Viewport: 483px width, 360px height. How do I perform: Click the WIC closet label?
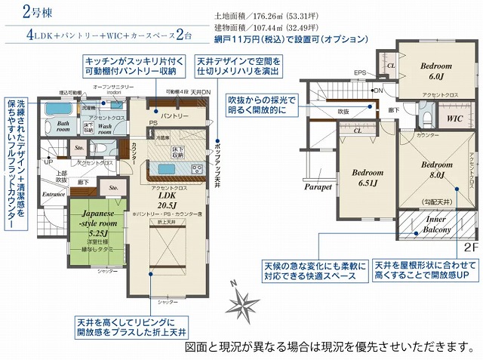[454, 118]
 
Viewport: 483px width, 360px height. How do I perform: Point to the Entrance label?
[54, 194]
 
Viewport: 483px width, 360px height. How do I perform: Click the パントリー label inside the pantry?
[173, 116]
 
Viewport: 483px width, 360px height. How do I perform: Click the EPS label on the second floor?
[361, 72]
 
